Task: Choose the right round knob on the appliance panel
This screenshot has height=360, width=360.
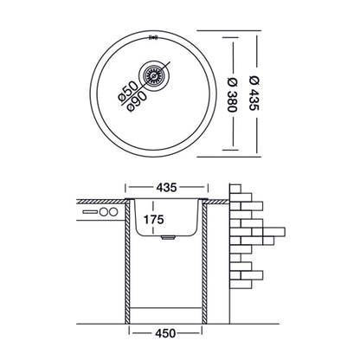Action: [x=112, y=213]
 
